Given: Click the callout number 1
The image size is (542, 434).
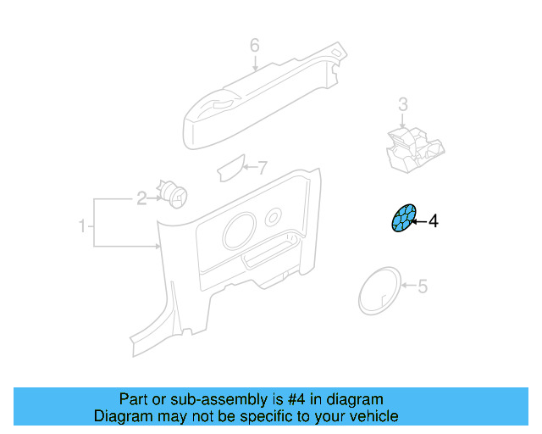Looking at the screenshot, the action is [x=83, y=226].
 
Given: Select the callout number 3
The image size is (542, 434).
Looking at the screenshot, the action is [x=403, y=105].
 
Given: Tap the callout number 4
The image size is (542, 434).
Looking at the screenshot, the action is [x=434, y=222].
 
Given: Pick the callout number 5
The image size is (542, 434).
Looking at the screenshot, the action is [x=423, y=287].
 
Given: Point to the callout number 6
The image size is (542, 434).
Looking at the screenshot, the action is [x=254, y=45].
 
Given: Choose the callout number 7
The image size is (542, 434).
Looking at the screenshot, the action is [x=262, y=166].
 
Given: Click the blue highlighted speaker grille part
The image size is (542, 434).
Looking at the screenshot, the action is [x=403, y=218].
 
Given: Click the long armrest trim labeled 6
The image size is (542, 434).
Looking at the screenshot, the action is [x=263, y=97].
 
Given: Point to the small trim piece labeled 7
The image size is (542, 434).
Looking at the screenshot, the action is [x=231, y=169].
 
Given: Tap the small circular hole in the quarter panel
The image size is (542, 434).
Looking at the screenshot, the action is [x=274, y=216].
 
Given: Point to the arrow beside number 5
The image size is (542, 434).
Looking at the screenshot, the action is [x=406, y=287].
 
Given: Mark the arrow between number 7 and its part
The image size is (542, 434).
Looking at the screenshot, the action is [x=249, y=166].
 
